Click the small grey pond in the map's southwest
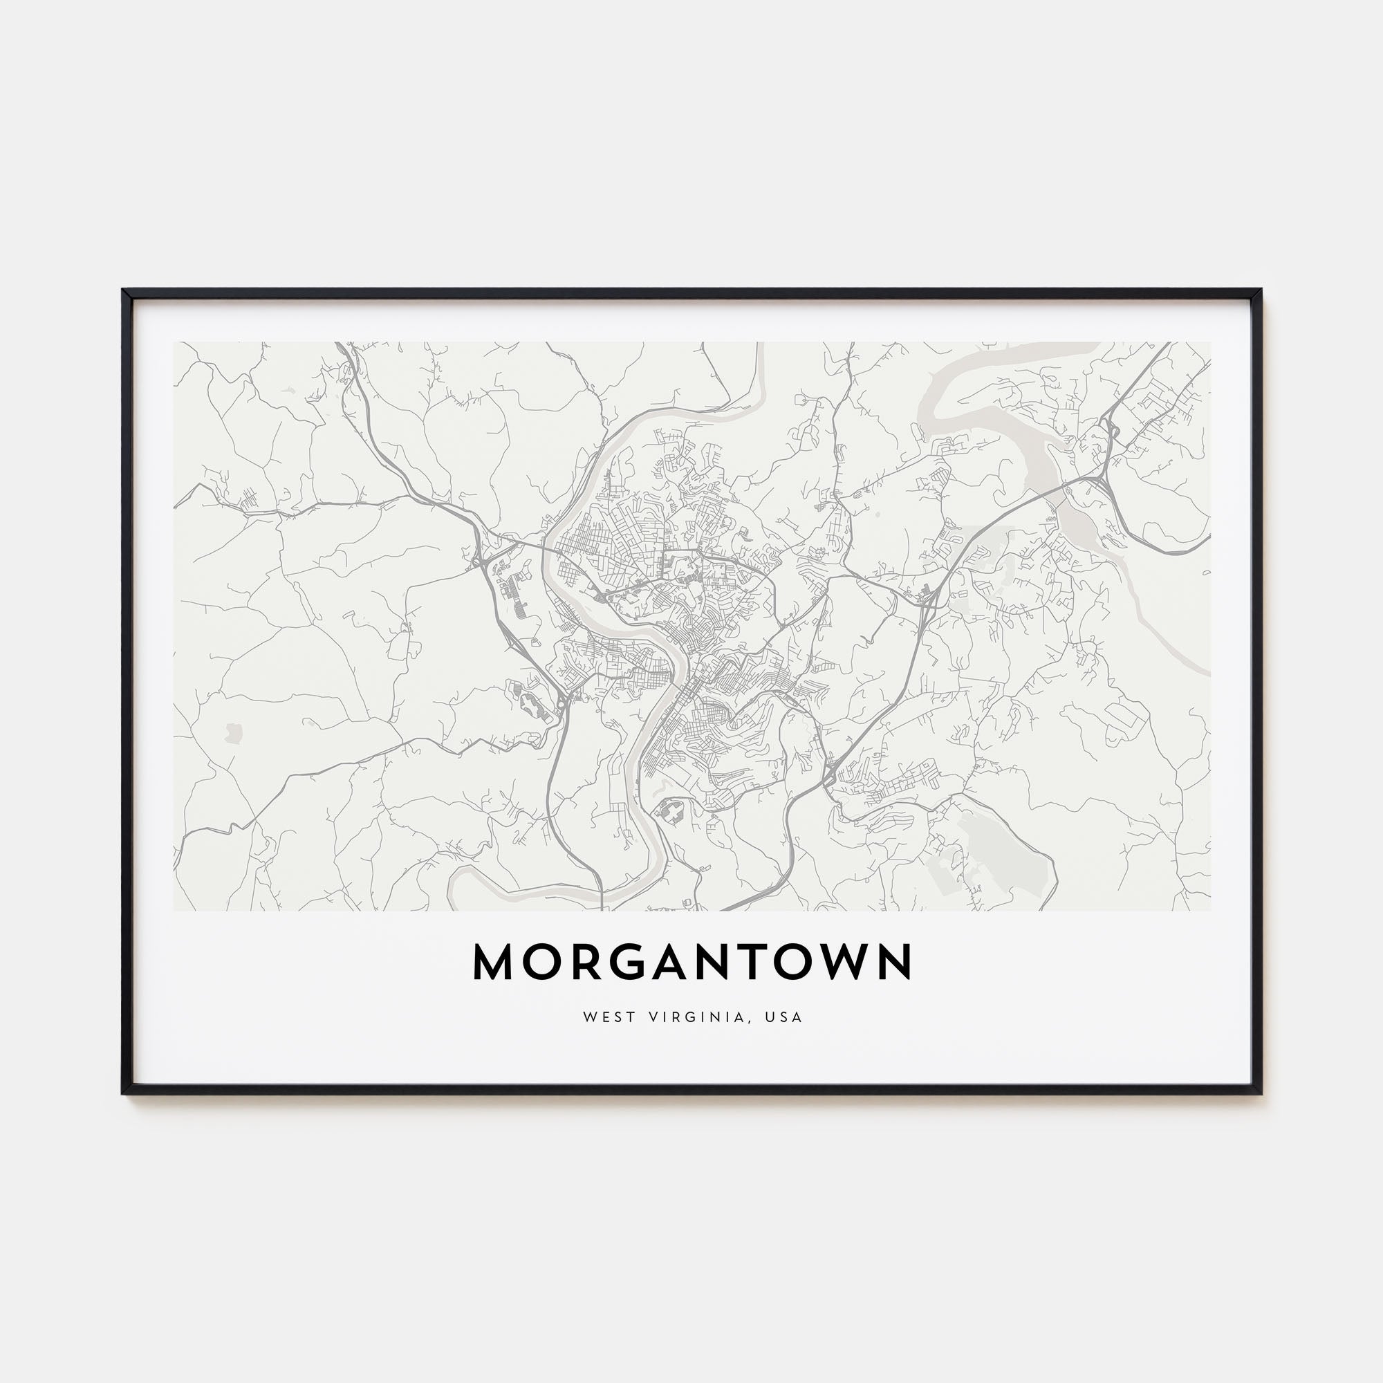click(232, 732)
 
